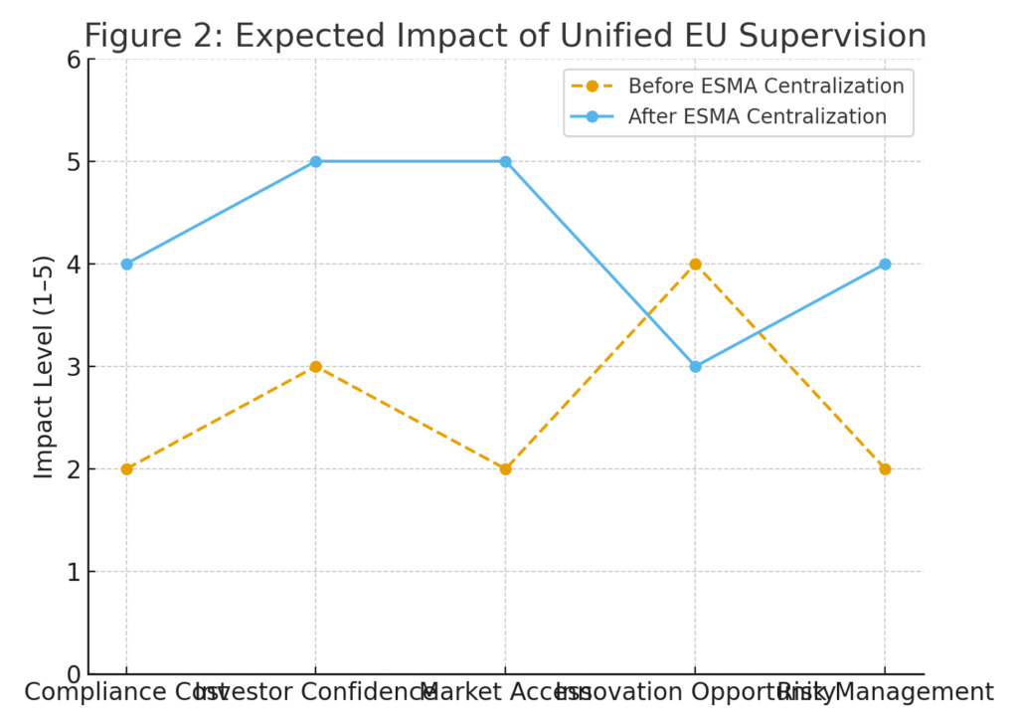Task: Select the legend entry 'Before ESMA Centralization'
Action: coord(765,86)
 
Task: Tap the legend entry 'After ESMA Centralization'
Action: coord(757,116)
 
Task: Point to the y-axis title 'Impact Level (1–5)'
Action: coord(44,366)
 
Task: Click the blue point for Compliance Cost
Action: coord(126,264)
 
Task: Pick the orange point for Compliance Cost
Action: coord(126,468)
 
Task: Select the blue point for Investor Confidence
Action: coord(315,161)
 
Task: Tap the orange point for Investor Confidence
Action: coord(315,366)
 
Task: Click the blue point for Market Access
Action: coord(505,161)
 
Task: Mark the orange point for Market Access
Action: coord(505,468)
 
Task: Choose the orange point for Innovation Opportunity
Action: coord(695,264)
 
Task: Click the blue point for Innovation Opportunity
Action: coord(695,366)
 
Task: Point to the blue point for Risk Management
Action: coord(885,264)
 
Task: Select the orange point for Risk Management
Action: coord(885,468)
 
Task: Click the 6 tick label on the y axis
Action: coord(73,60)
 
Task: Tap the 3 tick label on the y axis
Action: coord(73,367)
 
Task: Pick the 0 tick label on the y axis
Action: coord(73,674)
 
